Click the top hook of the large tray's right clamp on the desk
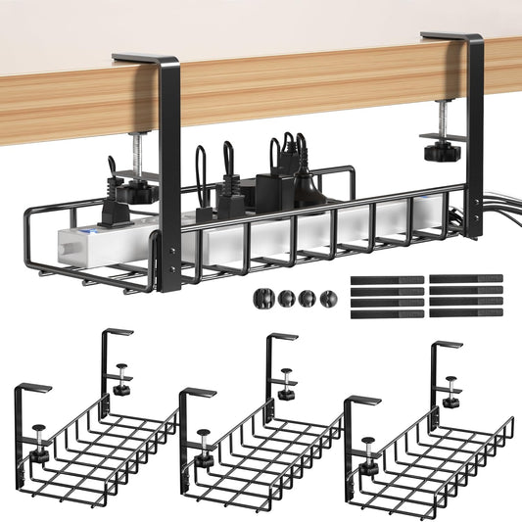pos(451,38)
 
